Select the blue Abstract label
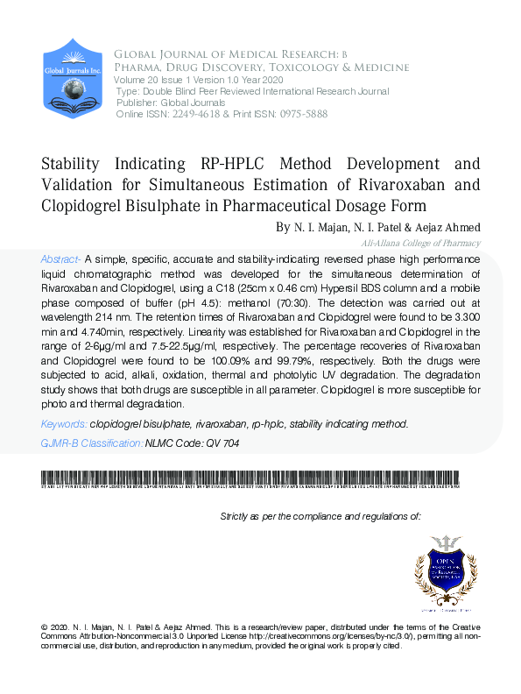tap(60, 260)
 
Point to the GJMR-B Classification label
tap(91, 443)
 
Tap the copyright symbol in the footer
tap(45, 628)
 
